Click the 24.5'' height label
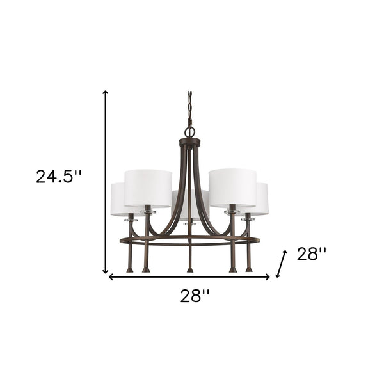point(59,176)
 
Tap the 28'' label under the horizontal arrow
point(193,295)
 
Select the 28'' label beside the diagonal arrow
point(312,254)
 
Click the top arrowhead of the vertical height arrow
point(106,93)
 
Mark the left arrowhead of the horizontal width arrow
point(111,277)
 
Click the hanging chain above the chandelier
point(190,109)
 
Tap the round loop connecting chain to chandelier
point(190,132)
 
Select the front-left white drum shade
point(148,188)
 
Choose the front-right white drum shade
point(232,188)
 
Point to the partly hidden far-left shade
point(118,198)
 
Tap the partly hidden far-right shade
point(262,198)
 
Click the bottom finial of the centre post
point(190,268)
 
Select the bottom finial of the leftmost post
point(130,269)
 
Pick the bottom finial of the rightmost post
point(249,269)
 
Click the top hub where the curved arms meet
point(190,143)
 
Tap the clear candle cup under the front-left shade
point(148,211)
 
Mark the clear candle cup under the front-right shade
point(232,211)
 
